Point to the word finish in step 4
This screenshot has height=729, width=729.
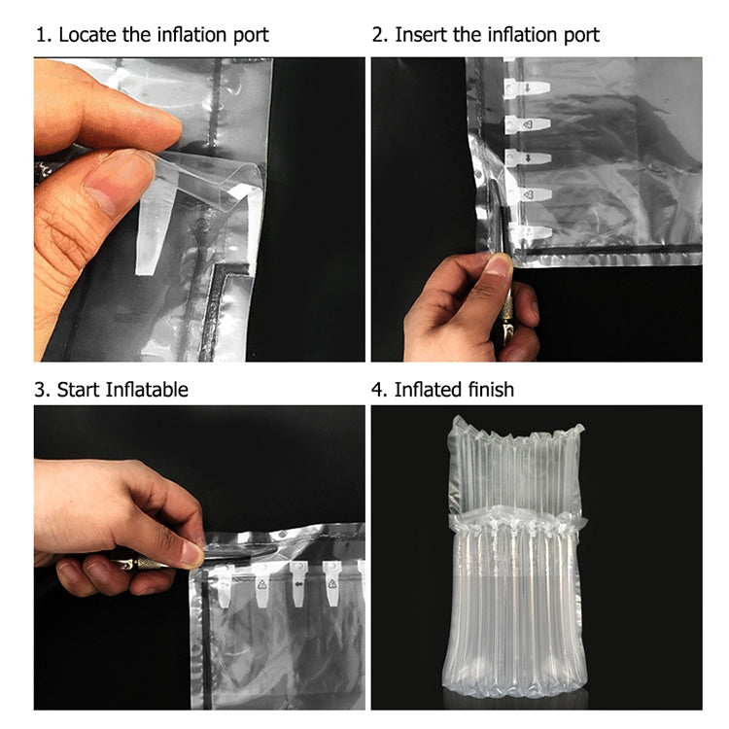click(x=488, y=390)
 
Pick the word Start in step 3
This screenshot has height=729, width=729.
click(x=78, y=390)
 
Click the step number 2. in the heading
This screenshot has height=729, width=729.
click(x=380, y=36)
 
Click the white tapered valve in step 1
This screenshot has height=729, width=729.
click(x=154, y=233)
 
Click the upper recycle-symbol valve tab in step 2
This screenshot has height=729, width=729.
click(x=528, y=124)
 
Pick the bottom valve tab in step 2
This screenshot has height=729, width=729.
click(x=528, y=231)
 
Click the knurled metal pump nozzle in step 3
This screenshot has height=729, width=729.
click(x=146, y=563)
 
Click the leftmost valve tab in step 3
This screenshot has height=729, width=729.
click(x=225, y=583)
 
